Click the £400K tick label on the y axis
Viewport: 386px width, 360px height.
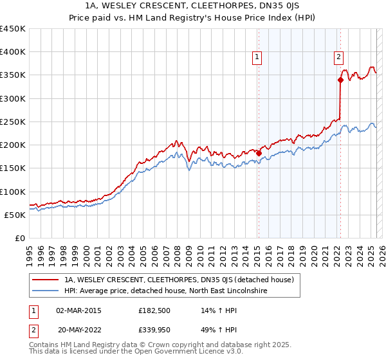(13, 52)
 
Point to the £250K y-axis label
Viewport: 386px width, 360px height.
(13, 122)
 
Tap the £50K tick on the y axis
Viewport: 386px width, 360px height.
(15, 215)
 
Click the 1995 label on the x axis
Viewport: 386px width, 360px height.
(30, 251)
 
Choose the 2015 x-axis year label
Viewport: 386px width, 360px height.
(257, 251)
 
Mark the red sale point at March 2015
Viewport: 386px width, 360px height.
(259, 153)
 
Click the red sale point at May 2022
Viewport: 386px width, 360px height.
(340, 80)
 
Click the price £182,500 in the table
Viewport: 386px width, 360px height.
(154, 310)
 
